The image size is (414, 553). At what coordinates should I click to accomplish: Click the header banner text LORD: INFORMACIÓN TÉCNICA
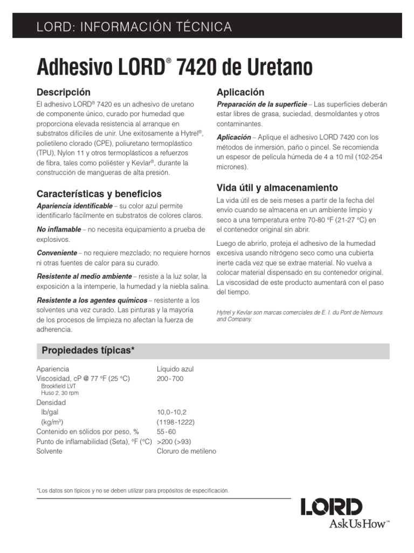[134, 26]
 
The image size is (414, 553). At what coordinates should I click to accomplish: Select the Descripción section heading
[63, 92]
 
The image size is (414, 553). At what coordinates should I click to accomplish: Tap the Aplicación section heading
[240, 92]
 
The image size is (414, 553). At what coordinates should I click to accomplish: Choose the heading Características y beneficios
[99, 193]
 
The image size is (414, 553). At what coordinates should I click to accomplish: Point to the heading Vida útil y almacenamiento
[277, 187]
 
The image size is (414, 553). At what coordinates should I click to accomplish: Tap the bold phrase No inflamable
[59, 229]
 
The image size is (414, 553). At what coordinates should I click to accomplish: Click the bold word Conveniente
[57, 252]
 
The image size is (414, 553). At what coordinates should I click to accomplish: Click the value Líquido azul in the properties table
[175, 369]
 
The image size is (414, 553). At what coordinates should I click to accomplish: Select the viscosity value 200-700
[170, 378]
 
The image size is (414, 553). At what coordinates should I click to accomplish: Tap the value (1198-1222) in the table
[175, 422]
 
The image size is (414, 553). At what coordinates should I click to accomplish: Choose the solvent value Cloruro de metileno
[186, 451]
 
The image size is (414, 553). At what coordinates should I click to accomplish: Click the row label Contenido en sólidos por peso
[87, 431]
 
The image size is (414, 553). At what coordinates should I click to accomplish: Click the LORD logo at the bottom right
[332, 507]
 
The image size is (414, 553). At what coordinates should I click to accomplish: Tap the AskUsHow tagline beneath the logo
[345, 524]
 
